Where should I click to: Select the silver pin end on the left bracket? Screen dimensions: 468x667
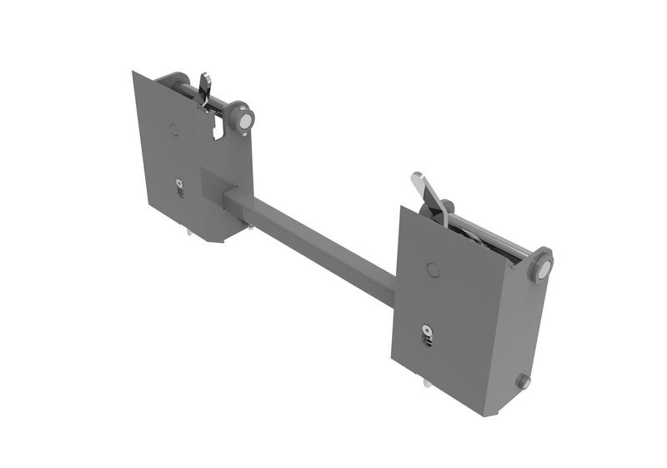coord(245,122)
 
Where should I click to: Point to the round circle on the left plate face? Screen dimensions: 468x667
coord(173,129)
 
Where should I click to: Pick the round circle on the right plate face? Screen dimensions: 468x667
coord(432,269)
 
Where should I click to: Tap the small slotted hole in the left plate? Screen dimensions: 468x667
coord(180,189)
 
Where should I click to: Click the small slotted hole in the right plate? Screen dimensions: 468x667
coord(428,335)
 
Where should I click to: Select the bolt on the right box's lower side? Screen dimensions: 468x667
coord(523,381)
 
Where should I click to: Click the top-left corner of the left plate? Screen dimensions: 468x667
coord(133,72)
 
